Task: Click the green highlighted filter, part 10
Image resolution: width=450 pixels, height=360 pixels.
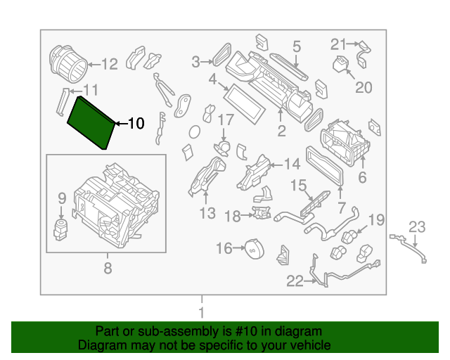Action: pyautogui.click(x=91, y=122)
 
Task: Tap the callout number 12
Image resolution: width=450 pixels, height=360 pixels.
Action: pyautogui.click(x=110, y=65)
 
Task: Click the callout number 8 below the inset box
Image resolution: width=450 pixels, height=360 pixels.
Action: pyautogui.click(x=108, y=267)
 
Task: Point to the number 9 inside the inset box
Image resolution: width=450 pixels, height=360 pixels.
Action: pyautogui.click(x=61, y=198)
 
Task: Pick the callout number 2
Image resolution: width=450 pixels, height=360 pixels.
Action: pyautogui.click(x=281, y=131)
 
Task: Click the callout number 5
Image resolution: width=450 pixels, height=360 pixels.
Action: pyautogui.click(x=297, y=46)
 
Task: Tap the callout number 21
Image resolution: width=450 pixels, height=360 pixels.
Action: pyautogui.click(x=339, y=44)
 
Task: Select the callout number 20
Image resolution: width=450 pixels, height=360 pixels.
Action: pyautogui.click(x=363, y=87)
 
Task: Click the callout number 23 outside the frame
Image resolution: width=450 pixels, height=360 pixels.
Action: pyautogui.click(x=418, y=226)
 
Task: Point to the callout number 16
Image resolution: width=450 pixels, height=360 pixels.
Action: pyautogui.click(x=224, y=248)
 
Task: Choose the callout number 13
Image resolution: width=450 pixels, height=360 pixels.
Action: pyautogui.click(x=207, y=212)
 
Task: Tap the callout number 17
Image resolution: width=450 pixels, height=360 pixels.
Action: pyautogui.click(x=225, y=120)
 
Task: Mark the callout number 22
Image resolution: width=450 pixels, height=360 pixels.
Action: pyautogui.click(x=295, y=282)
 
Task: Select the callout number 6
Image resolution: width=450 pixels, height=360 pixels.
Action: pyautogui.click(x=362, y=178)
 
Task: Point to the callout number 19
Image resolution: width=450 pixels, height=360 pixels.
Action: pyautogui.click(x=376, y=220)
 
